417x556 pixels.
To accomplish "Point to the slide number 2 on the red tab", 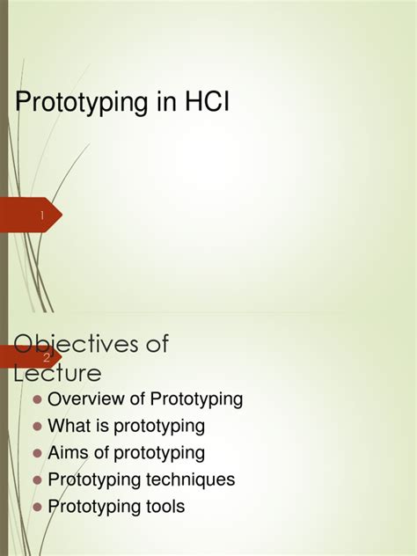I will (x=46, y=358).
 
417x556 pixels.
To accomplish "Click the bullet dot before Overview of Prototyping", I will (x=37, y=400).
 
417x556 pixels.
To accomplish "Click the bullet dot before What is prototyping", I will (x=37, y=428).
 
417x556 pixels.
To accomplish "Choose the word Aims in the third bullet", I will (x=68, y=453).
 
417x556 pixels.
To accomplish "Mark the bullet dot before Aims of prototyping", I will (x=37, y=454).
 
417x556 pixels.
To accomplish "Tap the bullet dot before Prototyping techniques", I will (x=37, y=481).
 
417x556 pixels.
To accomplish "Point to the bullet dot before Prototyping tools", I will (x=37, y=508).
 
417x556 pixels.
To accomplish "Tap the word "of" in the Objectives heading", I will (x=157, y=344).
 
